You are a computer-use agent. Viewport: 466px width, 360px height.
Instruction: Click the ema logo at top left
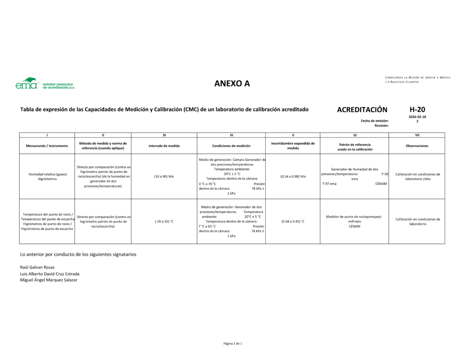pyautogui.click(x=45, y=83)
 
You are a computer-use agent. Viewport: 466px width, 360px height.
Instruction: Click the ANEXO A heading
pyautogui.click(x=232, y=83)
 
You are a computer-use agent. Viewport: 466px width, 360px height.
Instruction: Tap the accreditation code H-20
pyautogui.click(x=417, y=109)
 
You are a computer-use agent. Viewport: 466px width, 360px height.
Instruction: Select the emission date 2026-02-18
pyautogui.click(x=417, y=117)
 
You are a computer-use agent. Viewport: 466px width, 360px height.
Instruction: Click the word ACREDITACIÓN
pyautogui.click(x=362, y=110)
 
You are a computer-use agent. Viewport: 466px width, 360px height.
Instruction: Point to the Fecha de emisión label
pyautogui.click(x=375, y=121)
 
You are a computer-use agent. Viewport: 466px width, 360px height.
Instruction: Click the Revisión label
pyautogui.click(x=381, y=125)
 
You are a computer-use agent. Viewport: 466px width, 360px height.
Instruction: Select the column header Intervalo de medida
pyautogui.click(x=164, y=146)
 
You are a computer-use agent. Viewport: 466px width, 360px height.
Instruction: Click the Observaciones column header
pyautogui.click(x=417, y=146)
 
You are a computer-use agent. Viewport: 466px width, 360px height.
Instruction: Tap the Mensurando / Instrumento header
pyautogui.click(x=47, y=146)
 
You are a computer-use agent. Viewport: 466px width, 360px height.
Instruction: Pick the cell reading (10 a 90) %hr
pyautogui.click(x=164, y=176)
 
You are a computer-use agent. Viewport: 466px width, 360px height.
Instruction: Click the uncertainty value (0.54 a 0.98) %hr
pyautogui.click(x=293, y=176)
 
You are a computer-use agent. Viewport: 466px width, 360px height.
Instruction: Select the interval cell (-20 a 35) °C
pyautogui.click(x=164, y=221)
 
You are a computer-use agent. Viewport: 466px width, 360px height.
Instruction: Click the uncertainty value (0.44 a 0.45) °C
pyautogui.click(x=293, y=221)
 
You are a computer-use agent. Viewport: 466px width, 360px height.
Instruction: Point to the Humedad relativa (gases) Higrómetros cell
pyautogui.click(x=47, y=177)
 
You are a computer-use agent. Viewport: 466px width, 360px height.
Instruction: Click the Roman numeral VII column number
pyautogui.click(x=417, y=135)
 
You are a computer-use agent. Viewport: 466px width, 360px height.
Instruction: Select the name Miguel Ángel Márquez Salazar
pyautogui.click(x=49, y=280)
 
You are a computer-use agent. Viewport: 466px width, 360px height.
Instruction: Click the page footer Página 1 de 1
pyautogui.click(x=233, y=343)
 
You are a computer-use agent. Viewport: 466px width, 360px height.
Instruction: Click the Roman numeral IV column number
pyautogui.click(x=231, y=135)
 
